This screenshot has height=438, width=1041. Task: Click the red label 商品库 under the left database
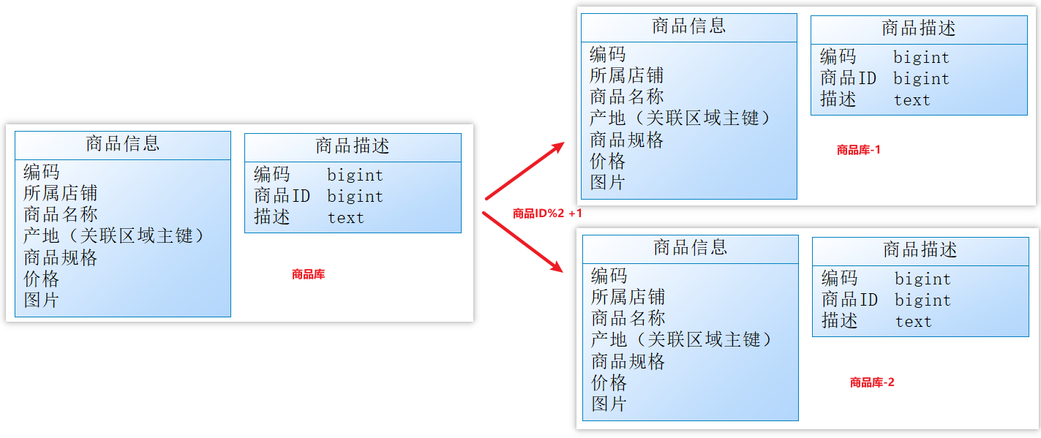coord(308,275)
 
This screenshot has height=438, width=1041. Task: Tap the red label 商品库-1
coord(858,150)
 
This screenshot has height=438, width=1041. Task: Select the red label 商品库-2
coord(871,382)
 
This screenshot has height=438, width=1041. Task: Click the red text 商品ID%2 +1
coord(547,214)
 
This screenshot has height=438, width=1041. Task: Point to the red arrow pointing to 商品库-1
coord(525,170)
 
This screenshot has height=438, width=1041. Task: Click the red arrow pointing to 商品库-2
coord(523,242)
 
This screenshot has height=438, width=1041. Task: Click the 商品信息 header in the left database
coord(123,143)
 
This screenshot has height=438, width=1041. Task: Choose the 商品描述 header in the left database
coord(353,146)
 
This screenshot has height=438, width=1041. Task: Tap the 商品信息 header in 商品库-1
coord(689,26)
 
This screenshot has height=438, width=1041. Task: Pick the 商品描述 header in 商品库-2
coord(920,250)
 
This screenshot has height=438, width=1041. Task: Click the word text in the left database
coord(345,217)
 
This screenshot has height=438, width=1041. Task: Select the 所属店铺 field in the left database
coord(60,193)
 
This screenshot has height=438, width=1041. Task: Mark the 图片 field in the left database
coord(41,300)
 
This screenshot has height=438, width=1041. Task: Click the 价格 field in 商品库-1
coord(608,161)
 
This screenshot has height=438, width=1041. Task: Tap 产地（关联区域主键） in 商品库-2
coord(682,340)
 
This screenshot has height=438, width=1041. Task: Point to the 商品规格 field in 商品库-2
coord(628,361)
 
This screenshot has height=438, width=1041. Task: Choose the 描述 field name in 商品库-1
coord(838,99)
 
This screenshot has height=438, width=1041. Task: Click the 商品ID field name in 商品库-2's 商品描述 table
coord(849,300)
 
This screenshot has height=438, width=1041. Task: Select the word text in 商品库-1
coord(912,99)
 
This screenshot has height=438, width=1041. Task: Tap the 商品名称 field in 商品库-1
coord(627,97)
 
